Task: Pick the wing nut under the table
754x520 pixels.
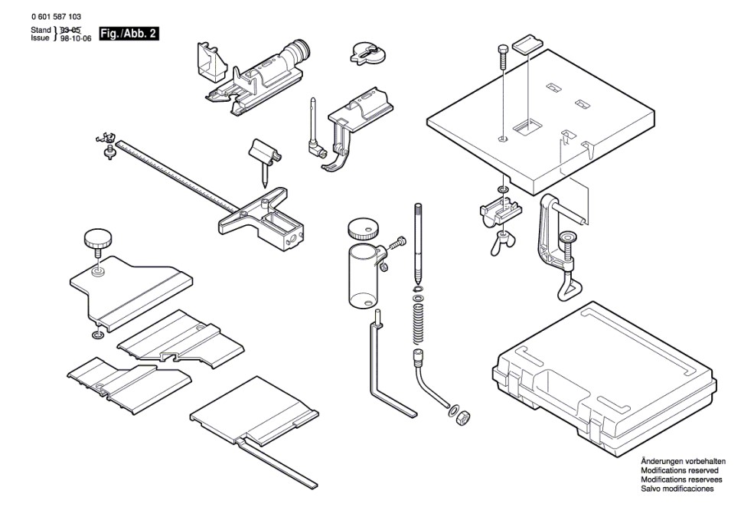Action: coord(503,239)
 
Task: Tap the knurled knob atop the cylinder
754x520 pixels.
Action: coord(364,228)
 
